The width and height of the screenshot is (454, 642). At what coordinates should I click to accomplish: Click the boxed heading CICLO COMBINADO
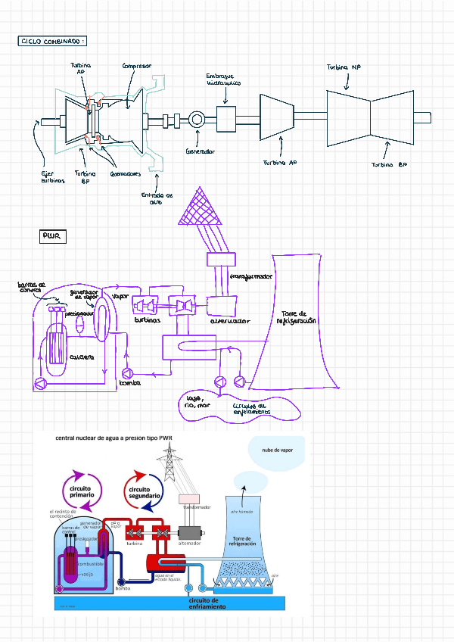[52, 41]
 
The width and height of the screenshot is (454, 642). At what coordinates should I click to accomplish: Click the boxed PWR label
[53, 238]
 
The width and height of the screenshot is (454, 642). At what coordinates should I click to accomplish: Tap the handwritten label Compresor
[137, 66]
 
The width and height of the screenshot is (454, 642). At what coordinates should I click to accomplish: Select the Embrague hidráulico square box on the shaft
[226, 118]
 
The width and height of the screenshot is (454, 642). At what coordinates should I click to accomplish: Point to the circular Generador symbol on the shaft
[197, 120]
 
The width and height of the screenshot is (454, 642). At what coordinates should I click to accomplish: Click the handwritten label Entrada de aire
[157, 198]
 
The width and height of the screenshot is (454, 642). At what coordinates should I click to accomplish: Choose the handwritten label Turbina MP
[344, 67]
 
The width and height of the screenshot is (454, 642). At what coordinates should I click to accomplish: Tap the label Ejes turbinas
[53, 176]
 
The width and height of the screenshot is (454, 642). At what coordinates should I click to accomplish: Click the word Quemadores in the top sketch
[126, 173]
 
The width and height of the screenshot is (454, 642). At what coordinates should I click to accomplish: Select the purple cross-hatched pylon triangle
[201, 207]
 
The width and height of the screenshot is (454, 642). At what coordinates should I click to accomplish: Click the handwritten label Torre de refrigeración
[299, 316]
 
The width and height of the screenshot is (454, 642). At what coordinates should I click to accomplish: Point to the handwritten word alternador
[230, 321]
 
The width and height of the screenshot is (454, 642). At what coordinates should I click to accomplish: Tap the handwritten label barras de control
[32, 287]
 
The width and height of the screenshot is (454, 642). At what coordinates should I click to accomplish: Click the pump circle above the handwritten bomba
[126, 372]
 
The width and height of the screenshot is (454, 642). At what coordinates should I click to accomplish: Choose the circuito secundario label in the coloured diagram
[142, 493]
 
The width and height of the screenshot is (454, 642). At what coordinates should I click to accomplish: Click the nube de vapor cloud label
[277, 450]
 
